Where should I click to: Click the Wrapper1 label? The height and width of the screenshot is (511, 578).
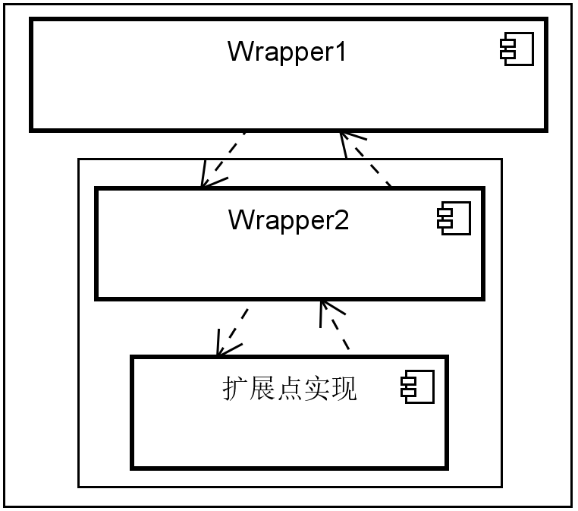click(x=287, y=52)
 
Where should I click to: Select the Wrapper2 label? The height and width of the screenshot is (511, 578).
click(x=288, y=220)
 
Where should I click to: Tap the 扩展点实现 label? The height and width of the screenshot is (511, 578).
click(x=290, y=389)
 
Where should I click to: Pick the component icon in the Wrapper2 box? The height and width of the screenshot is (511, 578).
click(x=453, y=219)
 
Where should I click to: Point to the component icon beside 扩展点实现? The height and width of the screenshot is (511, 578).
click(x=417, y=388)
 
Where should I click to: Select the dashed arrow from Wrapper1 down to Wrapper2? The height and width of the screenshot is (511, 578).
click(x=225, y=159)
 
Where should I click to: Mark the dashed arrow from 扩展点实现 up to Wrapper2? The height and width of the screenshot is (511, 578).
click(x=335, y=326)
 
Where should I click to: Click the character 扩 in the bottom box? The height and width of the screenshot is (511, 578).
click(x=235, y=389)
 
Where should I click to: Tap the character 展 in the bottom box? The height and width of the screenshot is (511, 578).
click(x=262, y=389)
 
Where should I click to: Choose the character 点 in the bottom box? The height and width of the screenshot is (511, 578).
click(x=290, y=389)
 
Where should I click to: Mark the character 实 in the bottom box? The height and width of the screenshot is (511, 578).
click(x=317, y=389)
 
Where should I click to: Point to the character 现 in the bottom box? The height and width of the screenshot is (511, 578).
click(x=344, y=389)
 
